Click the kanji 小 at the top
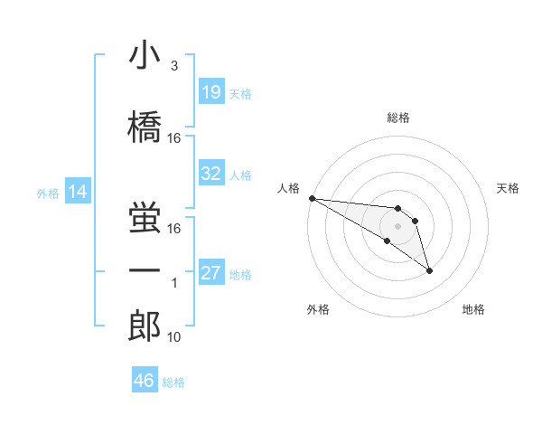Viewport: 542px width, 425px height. point(145,55)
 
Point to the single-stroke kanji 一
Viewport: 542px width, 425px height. point(145,270)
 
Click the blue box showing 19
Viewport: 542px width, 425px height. point(211,92)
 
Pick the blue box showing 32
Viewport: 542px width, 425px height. point(211,174)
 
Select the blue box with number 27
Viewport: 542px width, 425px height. point(211,273)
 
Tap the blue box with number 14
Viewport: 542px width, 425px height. point(78,192)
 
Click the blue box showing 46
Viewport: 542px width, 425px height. point(145,381)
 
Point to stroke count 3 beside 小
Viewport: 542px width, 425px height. point(173,66)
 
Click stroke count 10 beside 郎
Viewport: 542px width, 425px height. point(175,337)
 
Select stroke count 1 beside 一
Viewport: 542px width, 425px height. point(174,283)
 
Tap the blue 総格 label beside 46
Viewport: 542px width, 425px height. point(173,382)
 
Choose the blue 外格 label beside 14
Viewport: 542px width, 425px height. point(48,193)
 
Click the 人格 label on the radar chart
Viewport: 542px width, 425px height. point(288,187)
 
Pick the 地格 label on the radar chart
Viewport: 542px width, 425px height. point(473,309)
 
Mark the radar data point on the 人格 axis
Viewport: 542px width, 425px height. point(312,198)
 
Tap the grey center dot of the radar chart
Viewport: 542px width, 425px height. point(397,225)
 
